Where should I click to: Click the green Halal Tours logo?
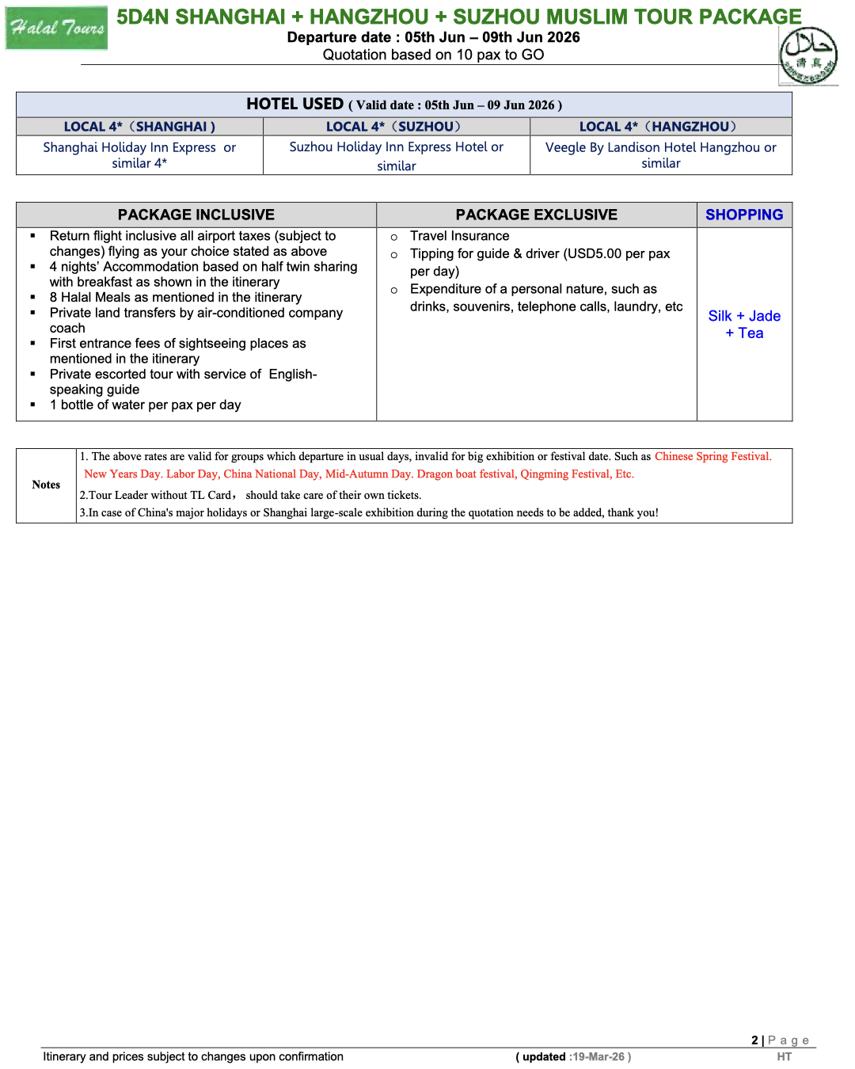[56, 29]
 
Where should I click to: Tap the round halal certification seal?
[807, 55]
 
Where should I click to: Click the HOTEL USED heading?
[294, 104]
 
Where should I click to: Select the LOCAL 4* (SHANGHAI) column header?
[139, 127]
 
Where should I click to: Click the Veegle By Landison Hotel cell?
[660, 155]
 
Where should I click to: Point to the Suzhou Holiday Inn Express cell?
[396, 156]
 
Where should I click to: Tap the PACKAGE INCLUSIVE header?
[196, 215]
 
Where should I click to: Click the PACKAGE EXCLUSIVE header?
[536, 215]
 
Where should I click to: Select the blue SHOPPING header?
[744, 215]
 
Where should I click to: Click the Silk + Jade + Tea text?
[744, 325]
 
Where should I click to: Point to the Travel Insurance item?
[459, 236]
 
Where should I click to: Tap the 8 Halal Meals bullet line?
[175, 298]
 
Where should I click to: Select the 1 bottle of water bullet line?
[145, 405]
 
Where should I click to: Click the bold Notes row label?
[46, 485]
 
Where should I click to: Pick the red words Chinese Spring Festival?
[712, 457]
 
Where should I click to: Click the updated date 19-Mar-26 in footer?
[598, 1057]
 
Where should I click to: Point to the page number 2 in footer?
[754, 1040]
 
